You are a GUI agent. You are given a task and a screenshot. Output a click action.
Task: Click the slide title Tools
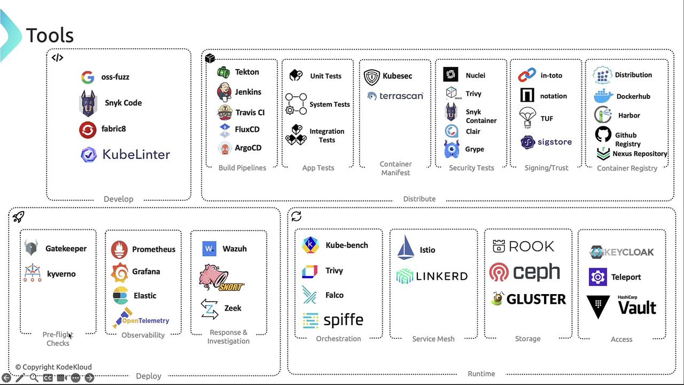[50, 35]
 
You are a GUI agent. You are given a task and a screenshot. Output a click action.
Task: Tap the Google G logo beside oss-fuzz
[88, 77]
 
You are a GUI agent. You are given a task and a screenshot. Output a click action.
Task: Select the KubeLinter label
[136, 155]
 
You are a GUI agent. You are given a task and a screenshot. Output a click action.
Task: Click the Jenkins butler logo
[224, 92]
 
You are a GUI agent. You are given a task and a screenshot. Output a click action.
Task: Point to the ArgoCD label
[248, 148]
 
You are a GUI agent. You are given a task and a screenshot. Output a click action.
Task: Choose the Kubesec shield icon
[372, 77]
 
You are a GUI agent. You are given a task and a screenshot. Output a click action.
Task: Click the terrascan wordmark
[401, 96]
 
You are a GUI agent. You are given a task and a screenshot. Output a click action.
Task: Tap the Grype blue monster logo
[452, 149]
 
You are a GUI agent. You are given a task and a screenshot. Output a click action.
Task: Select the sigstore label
[554, 142]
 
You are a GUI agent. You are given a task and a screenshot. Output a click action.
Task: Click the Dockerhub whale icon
[603, 96]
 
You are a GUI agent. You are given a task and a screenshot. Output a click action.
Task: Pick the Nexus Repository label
[640, 154]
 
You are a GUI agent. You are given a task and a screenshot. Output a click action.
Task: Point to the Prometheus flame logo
[119, 249]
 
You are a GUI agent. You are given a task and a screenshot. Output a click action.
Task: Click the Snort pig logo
[220, 278]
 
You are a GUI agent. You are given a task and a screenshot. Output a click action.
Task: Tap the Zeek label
[233, 308]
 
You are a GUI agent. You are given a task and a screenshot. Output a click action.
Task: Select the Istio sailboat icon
[406, 248]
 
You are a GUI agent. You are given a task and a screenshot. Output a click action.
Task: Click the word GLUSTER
[536, 299]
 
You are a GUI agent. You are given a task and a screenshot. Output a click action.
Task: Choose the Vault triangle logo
[598, 307]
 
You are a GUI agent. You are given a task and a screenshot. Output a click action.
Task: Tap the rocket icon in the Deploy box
[19, 217]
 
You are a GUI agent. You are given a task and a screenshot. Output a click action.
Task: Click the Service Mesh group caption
[433, 339]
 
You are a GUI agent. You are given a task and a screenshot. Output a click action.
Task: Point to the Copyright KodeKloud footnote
[53, 367]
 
